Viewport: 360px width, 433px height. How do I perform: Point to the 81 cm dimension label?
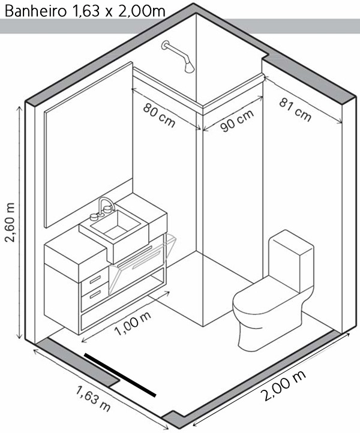[296, 109]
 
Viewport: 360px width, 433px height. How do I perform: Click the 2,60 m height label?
[10, 221]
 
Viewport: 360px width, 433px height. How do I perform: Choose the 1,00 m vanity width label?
[133, 324]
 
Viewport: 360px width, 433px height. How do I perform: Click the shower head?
[189, 66]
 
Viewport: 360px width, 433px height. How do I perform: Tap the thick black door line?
[120, 374]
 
